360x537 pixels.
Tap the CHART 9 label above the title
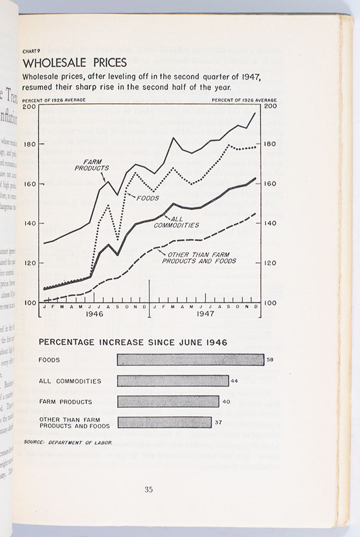(x=32, y=51)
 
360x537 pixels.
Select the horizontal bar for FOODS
(x=190, y=360)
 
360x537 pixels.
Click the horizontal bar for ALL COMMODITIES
(x=172, y=381)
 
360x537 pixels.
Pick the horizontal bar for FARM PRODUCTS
(x=168, y=402)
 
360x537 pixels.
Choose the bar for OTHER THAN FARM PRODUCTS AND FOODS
(x=164, y=423)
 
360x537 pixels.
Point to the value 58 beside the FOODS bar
(x=270, y=360)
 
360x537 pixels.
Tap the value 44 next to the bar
(x=234, y=381)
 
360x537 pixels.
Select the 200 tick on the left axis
(x=30, y=106)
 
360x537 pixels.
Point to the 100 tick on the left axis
(x=30, y=303)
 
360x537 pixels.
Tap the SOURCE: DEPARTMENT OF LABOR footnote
(x=68, y=442)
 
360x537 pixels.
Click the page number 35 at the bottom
(x=149, y=489)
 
